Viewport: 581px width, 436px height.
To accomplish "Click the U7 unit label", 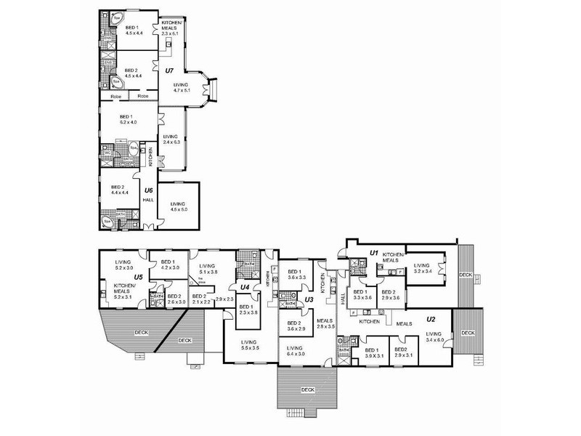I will (x=169, y=70).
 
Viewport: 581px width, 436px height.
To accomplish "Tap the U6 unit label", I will (x=148, y=190).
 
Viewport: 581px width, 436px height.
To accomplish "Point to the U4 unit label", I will (x=245, y=287).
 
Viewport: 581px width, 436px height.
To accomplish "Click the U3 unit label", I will (x=308, y=299).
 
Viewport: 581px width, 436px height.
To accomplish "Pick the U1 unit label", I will (x=375, y=252).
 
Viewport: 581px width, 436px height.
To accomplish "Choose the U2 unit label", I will (x=430, y=319).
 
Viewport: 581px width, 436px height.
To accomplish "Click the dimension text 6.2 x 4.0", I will (x=128, y=123).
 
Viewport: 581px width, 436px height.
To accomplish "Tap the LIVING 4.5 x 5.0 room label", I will (x=178, y=206).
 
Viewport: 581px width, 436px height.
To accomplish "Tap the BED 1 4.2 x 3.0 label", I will (x=168, y=265).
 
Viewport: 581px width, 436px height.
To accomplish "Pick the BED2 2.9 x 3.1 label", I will (x=403, y=352).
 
